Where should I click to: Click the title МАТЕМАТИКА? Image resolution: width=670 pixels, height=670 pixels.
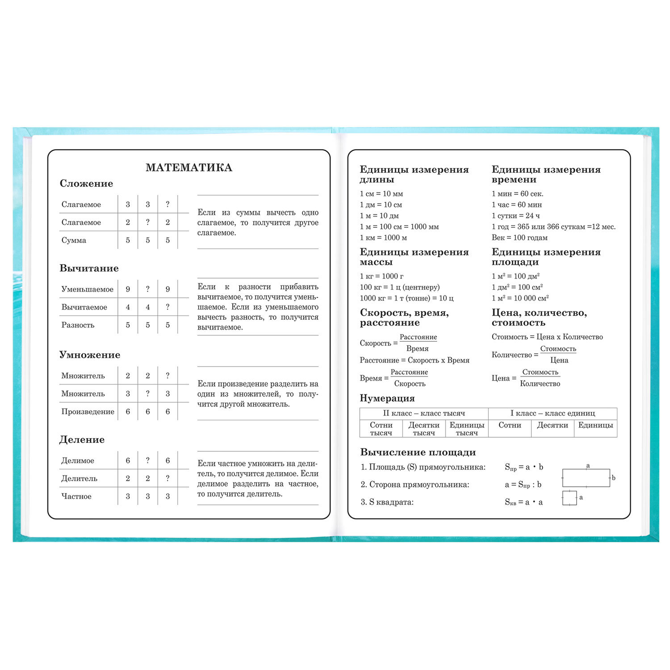(x=188, y=167)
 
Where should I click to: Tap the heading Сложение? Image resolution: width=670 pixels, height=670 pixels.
(x=86, y=184)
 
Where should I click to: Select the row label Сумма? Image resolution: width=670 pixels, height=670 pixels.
(x=74, y=240)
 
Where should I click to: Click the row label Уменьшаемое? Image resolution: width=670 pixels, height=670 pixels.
(x=88, y=289)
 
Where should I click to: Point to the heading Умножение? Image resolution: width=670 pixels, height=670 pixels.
(x=90, y=355)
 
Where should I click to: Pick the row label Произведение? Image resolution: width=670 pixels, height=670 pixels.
(x=88, y=412)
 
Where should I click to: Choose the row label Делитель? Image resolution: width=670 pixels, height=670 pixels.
(x=79, y=479)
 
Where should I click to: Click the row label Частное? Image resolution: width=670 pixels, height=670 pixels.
(x=76, y=497)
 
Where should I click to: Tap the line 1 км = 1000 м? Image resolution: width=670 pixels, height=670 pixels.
(x=383, y=238)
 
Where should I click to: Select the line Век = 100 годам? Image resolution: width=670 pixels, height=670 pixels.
(x=519, y=238)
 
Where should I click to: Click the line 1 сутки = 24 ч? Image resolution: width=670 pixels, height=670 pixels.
(x=515, y=216)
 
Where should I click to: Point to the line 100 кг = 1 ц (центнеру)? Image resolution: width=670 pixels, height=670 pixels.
(x=400, y=287)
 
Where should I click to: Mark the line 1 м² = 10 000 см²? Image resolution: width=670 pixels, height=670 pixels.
(x=520, y=298)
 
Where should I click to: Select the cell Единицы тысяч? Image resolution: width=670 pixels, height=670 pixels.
(x=467, y=429)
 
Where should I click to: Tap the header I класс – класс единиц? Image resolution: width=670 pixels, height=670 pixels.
(x=553, y=414)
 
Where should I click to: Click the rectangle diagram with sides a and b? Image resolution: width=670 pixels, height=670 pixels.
(x=586, y=477)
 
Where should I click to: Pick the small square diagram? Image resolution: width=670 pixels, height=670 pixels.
(x=569, y=498)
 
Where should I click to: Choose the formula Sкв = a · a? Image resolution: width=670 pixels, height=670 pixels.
(x=523, y=502)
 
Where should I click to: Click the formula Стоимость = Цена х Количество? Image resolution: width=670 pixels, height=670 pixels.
(x=547, y=337)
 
